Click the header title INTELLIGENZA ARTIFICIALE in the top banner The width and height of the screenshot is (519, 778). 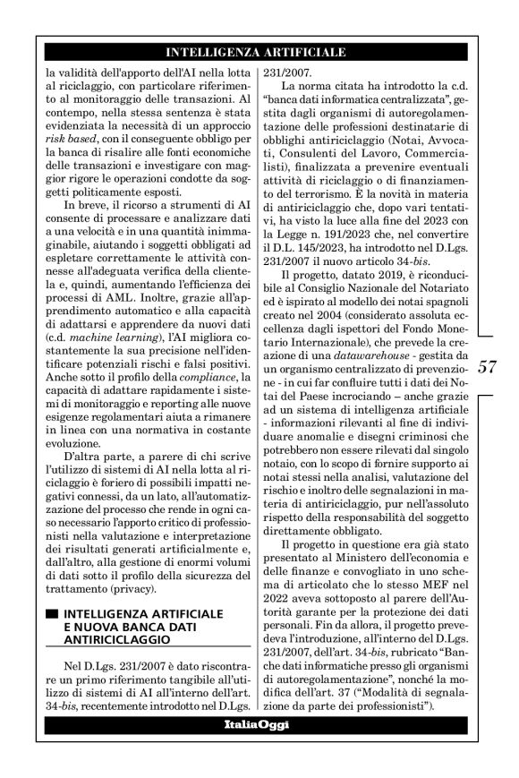259,52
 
